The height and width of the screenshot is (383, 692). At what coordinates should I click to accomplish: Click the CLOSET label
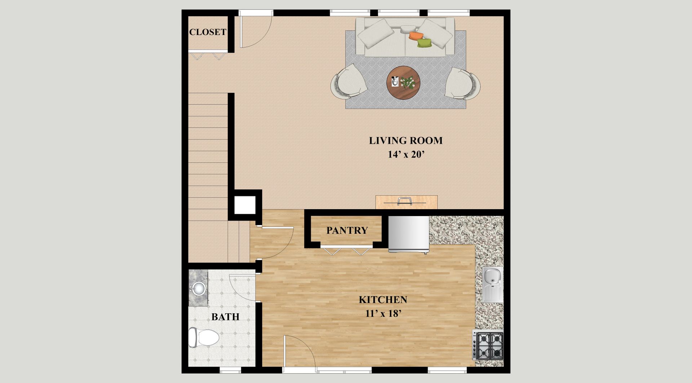pyautogui.click(x=208, y=32)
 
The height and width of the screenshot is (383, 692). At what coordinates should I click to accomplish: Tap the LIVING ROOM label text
pyautogui.click(x=405, y=141)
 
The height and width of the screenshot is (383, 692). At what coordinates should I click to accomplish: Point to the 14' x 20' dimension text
pyautogui.click(x=406, y=155)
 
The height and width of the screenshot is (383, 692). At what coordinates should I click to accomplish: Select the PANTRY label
pyautogui.click(x=347, y=230)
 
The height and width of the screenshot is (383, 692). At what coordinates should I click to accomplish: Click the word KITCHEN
pyautogui.click(x=383, y=300)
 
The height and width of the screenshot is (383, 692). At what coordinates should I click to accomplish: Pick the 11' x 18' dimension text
pyautogui.click(x=383, y=314)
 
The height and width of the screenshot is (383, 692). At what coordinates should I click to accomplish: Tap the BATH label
pyautogui.click(x=225, y=317)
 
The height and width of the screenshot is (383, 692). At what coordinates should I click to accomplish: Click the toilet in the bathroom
pyautogui.click(x=204, y=338)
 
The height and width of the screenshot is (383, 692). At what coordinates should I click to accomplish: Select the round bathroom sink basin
pyautogui.click(x=198, y=288)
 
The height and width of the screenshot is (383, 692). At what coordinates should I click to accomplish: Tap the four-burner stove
pyautogui.click(x=488, y=346)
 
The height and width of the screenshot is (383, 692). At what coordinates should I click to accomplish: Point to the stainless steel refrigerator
pyautogui.click(x=409, y=234)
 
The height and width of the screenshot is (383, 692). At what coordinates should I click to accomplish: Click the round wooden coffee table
pyautogui.click(x=403, y=83)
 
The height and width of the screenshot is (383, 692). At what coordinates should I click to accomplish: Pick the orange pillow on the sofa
pyautogui.click(x=416, y=36)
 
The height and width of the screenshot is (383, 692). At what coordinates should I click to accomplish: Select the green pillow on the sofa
pyautogui.click(x=425, y=43)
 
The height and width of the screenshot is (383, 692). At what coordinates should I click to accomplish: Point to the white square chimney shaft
pyautogui.click(x=245, y=205)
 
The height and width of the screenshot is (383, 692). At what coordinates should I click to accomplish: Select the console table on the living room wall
pyautogui.click(x=407, y=202)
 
